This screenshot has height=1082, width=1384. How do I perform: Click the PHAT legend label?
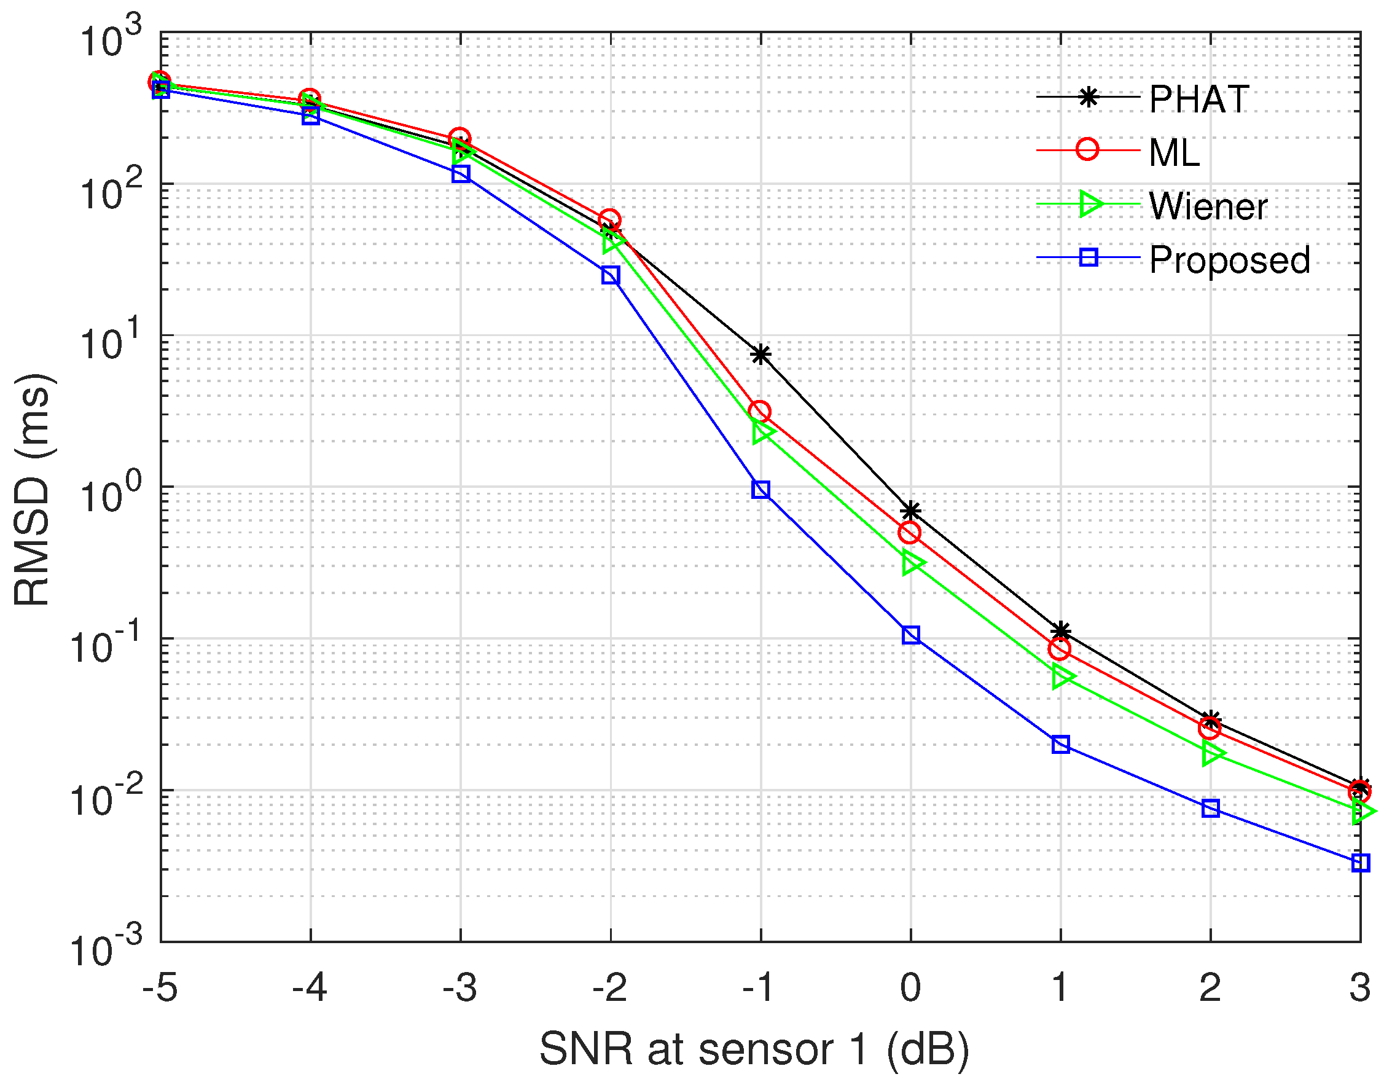(1198, 100)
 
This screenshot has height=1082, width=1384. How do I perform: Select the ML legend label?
(1175, 153)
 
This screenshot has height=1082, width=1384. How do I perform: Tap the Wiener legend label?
(1208, 206)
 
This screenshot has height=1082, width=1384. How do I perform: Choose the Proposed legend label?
(1229, 260)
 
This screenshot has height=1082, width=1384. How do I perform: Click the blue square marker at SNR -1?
(761, 490)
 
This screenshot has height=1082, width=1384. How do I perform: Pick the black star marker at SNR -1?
(761, 355)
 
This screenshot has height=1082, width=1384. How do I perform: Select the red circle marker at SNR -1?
(760, 412)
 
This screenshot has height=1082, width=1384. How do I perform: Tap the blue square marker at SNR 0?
(911, 635)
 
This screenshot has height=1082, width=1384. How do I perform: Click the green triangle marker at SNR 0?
(912, 562)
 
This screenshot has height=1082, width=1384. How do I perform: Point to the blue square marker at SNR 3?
(1361, 863)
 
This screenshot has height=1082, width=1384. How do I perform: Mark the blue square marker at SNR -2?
(611, 275)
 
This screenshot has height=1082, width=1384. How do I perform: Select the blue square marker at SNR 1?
(1061, 745)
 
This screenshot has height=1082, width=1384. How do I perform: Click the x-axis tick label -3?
(460, 987)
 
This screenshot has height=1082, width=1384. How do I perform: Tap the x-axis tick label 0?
(910, 987)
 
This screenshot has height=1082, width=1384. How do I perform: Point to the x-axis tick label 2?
(1210, 987)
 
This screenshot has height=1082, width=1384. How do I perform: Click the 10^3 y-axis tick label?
(111, 39)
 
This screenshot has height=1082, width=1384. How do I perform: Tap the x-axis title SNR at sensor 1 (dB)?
(754, 1049)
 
